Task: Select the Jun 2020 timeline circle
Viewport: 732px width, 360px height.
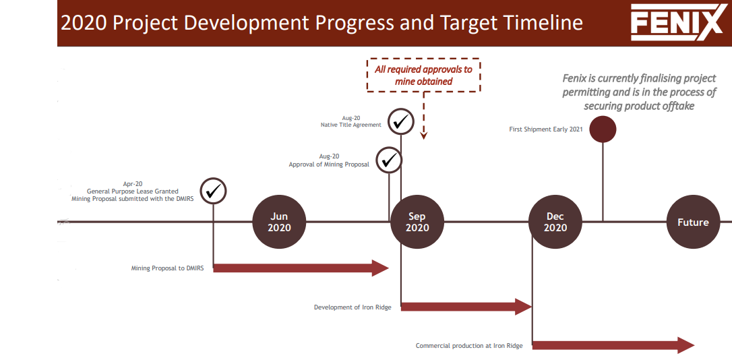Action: tap(279, 222)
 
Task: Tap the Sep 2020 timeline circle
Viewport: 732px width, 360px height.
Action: tap(417, 222)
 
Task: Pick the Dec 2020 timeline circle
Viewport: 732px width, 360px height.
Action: tap(555, 222)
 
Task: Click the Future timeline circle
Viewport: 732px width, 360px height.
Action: tap(694, 222)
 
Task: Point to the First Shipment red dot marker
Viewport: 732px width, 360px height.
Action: tap(603, 129)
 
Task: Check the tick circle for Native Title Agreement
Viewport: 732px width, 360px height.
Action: tap(401, 121)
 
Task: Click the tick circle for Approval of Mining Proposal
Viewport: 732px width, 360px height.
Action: tap(389, 160)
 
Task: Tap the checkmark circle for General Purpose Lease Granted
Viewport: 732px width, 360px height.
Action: tap(214, 191)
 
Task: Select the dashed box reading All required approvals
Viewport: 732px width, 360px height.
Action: tap(423, 76)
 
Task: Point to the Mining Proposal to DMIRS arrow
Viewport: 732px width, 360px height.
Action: tap(301, 268)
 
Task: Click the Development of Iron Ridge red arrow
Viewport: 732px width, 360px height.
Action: tap(466, 306)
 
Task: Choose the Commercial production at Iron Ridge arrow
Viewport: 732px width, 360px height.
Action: tap(613, 346)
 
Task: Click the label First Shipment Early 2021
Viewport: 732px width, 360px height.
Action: tap(546, 130)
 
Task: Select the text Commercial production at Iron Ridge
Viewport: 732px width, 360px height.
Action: tap(469, 346)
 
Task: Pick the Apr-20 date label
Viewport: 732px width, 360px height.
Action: tap(133, 184)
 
